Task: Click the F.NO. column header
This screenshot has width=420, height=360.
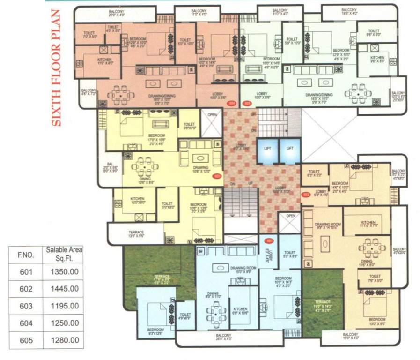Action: coord(26,255)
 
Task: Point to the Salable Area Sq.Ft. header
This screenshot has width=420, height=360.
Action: coord(64,254)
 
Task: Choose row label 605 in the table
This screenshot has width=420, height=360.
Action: coord(26,340)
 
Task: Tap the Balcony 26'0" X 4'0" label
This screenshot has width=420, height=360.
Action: coord(224,337)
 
